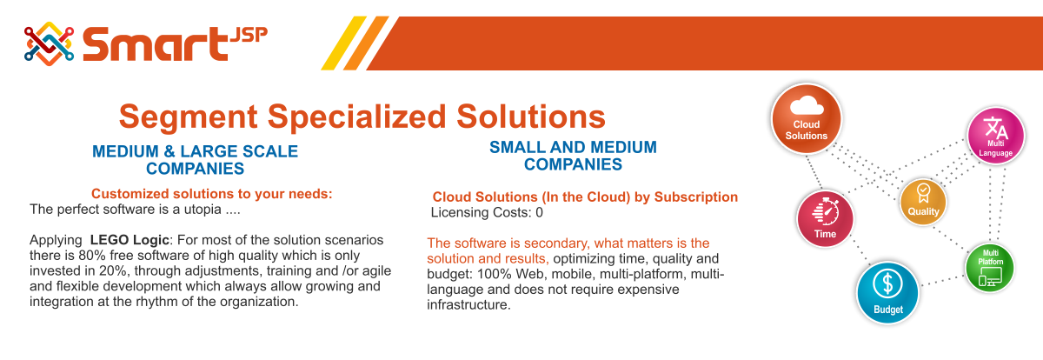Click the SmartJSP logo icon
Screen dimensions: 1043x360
click(x=49, y=43)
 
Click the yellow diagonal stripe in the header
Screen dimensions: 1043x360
click(x=343, y=43)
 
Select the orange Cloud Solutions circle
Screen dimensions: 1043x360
click(x=807, y=119)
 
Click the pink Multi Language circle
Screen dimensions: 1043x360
click(x=996, y=136)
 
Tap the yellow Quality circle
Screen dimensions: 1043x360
click(x=923, y=202)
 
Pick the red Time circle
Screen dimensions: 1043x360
click(x=825, y=219)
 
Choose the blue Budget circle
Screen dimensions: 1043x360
click(x=888, y=293)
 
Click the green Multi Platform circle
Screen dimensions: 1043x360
click(x=990, y=268)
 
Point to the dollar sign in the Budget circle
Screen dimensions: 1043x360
click(x=888, y=283)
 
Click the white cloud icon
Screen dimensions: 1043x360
click(x=807, y=105)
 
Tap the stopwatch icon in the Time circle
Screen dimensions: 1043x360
click(x=826, y=211)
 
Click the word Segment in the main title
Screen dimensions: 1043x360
click(x=188, y=117)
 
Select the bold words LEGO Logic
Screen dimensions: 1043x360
click(x=130, y=240)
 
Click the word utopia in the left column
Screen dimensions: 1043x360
click(x=203, y=210)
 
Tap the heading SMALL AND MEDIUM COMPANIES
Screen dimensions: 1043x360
click(x=573, y=156)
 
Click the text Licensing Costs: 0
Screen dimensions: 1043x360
click(x=487, y=212)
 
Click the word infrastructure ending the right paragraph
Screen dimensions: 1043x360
click(x=468, y=304)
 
